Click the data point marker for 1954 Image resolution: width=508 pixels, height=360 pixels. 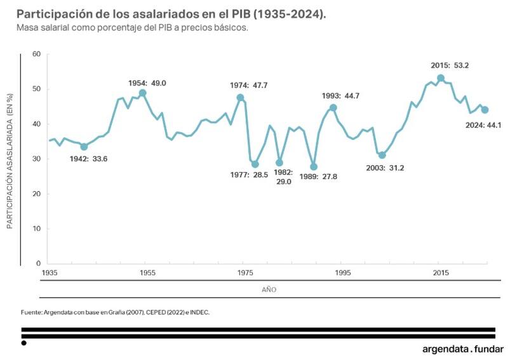point(143,93)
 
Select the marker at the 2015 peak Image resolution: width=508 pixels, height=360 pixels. point(441,78)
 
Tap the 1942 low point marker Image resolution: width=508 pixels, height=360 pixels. point(84,147)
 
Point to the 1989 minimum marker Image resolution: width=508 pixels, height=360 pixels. point(314,166)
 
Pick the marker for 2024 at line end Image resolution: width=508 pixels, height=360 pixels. point(485,110)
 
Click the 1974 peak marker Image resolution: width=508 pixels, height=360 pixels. point(240,98)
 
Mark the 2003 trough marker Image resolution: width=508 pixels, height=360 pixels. point(382,155)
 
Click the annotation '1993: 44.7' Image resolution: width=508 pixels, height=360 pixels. point(342,96)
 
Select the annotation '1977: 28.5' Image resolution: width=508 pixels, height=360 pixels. point(249,175)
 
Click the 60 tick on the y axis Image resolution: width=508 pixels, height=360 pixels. point(36,54)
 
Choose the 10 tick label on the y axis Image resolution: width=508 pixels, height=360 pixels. point(36,229)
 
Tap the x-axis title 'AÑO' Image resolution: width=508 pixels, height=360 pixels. point(269,290)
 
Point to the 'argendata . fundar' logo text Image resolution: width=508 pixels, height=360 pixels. point(463,349)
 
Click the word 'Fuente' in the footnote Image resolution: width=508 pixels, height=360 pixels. point(32,312)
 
